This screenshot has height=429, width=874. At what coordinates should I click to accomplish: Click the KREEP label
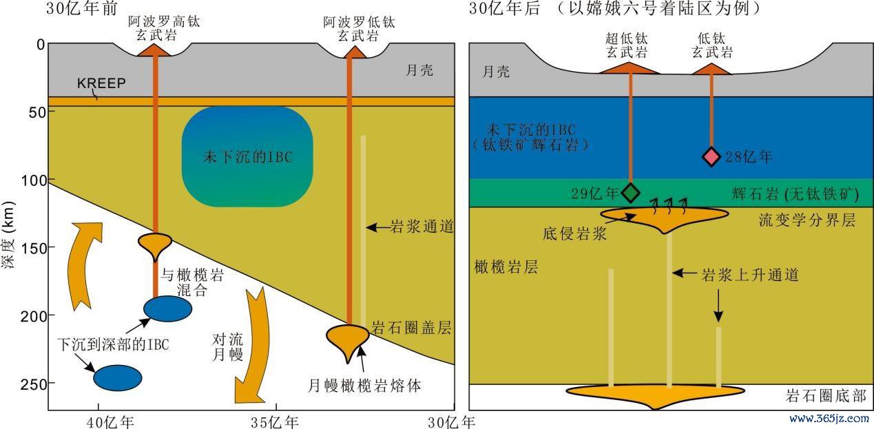(x=101, y=83)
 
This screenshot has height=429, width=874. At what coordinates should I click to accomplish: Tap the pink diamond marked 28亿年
(x=711, y=157)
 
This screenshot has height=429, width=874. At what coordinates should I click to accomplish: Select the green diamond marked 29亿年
(x=630, y=192)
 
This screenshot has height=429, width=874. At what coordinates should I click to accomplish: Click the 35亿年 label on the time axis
(x=275, y=422)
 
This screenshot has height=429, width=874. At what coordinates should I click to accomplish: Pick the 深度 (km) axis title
(x=8, y=235)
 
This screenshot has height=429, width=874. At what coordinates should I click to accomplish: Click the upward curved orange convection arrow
(x=84, y=266)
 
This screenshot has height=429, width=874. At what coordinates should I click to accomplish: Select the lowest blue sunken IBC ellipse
(x=118, y=377)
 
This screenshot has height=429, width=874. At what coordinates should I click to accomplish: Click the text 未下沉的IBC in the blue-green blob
(x=247, y=157)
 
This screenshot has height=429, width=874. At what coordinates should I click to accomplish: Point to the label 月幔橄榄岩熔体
(x=364, y=386)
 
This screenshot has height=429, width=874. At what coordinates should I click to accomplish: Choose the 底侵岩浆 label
(x=574, y=233)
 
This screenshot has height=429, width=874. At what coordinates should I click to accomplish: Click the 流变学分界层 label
(x=807, y=220)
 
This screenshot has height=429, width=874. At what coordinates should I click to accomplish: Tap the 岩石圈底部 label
(x=826, y=395)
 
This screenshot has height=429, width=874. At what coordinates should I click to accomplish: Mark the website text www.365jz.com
(x=829, y=419)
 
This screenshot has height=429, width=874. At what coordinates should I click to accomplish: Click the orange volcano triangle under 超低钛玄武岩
(x=630, y=67)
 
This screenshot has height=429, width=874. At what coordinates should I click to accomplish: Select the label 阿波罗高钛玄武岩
(x=164, y=28)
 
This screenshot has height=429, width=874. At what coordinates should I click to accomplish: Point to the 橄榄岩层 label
(x=506, y=267)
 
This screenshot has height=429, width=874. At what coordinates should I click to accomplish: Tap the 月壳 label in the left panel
(x=419, y=70)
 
